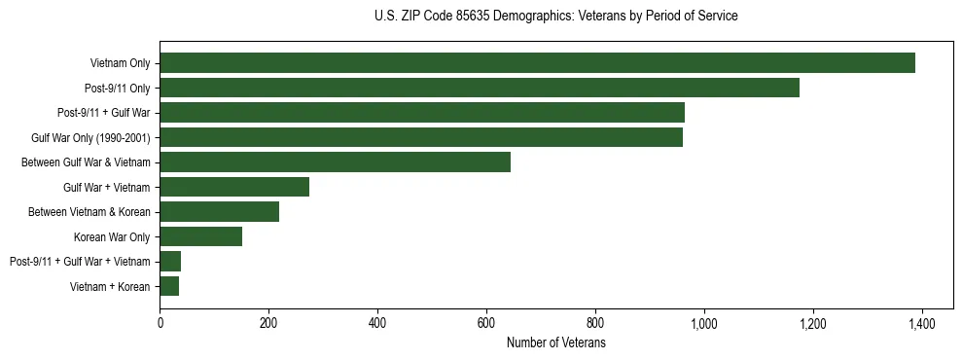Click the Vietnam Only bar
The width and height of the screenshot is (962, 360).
pyautogui.click(x=537, y=63)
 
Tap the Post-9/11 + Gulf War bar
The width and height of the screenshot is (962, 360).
pyautogui.click(x=422, y=113)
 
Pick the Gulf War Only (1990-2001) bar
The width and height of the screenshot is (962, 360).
pyautogui.click(x=421, y=137)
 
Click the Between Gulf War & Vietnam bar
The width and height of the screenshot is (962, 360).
pyautogui.click(x=335, y=162)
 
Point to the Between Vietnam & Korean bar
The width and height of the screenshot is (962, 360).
pyautogui.click(x=220, y=212)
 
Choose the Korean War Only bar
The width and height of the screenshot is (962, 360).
pyautogui.click(x=201, y=236)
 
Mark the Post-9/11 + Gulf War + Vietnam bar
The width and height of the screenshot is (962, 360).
pyautogui.click(x=170, y=262)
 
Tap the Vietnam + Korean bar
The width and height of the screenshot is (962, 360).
pyautogui.click(x=169, y=286)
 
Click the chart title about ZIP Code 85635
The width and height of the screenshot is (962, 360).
pyautogui.click(x=555, y=17)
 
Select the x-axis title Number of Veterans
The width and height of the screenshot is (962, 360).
pyautogui.click(x=555, y=343)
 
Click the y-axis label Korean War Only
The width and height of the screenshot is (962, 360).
pyautogui.click(x=111, y=236)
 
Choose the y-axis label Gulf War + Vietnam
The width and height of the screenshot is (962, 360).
pyautogui.click(x=106, y=187)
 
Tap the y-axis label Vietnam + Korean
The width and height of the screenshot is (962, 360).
pyautogui.click(x=110, y=286)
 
